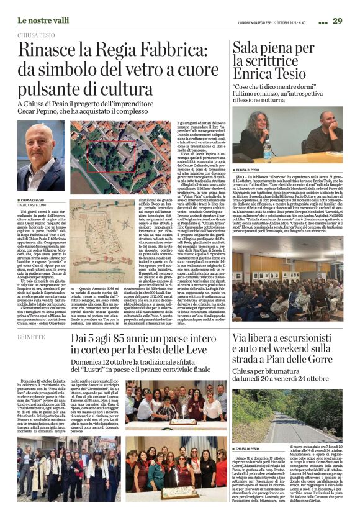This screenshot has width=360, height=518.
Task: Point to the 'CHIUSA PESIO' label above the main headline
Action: pyautogui.click(x=37, y=36)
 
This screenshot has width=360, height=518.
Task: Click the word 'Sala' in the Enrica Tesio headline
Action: pyautogui.click(x=247, y=47)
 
